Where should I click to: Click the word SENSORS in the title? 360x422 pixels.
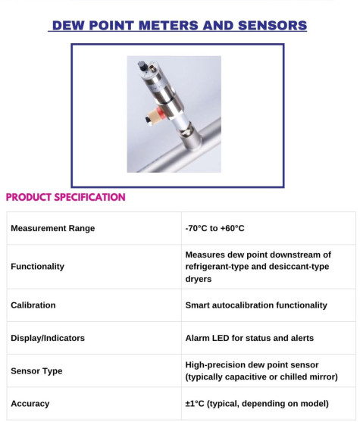[x=272, y=26]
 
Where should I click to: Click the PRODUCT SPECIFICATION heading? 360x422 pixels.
[x=66, y=197]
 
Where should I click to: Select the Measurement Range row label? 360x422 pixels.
[x=53, y=228]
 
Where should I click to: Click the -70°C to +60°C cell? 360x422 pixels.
[x=215, y=228]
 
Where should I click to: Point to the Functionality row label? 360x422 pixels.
[x=37, y=267]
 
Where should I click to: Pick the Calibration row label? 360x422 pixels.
[x=33, y=305]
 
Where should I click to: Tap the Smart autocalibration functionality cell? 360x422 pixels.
[x=256, y=305]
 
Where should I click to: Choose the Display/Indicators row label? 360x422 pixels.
[x=48, y=338]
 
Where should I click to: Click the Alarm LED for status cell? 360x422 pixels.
[x=249, y=338]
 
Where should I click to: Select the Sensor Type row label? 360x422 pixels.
[x=36, y=371]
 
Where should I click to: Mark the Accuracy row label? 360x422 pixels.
[x=30, y=404]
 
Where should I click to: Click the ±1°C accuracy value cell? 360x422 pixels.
[x=257, y=404]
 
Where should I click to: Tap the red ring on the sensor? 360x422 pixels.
[x=161, y=113]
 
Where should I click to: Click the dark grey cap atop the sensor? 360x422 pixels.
[x=142, y=66]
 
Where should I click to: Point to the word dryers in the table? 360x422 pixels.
[x=198, y=279]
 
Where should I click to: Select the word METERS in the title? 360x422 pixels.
[x=168, y=26]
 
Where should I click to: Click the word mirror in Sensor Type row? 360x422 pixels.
[x=324, y=377]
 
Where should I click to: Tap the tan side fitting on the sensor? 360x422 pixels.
[x=154, y=117]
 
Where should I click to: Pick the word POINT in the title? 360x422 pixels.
[x=111, y=26]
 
